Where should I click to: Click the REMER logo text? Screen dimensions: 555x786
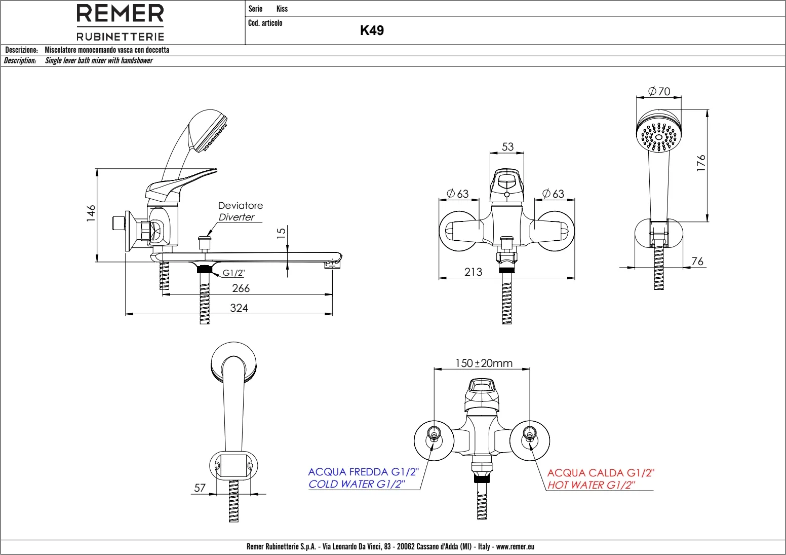120,14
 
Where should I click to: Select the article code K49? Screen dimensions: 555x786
372,30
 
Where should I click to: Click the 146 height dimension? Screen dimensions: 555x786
91,213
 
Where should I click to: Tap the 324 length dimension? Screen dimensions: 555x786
239,308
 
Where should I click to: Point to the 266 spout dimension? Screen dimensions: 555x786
241,288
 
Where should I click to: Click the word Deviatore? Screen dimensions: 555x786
241,205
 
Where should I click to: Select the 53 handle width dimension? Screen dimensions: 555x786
507,146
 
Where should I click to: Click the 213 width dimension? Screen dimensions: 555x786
473,272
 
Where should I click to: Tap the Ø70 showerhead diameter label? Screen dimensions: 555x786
659,91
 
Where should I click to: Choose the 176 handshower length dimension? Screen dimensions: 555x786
701,163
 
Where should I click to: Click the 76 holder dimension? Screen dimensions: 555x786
697,261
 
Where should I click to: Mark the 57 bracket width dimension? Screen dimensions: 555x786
200,488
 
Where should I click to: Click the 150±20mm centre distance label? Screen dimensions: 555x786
484,363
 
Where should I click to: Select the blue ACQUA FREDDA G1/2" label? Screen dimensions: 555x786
363,472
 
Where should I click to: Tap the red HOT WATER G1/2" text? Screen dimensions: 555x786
591,485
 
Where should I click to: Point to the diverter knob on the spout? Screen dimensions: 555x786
205,238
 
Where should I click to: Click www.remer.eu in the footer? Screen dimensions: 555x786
515,546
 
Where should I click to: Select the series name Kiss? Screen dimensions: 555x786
282,9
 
